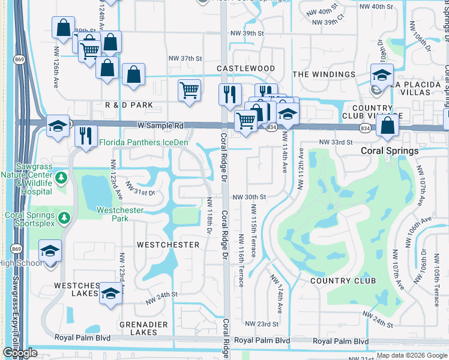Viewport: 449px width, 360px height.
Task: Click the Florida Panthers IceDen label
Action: coord(144,142)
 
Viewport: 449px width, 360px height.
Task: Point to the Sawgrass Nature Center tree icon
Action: coord(61,178)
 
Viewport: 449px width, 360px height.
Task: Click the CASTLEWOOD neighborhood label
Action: coord(246,69)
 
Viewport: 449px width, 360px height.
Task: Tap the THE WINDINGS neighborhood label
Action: coord(324,74)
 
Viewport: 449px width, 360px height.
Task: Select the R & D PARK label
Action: coord(128,105)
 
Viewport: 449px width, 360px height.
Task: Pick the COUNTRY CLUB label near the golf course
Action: coord(343,281)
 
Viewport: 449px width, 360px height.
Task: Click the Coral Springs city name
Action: coord(390,151)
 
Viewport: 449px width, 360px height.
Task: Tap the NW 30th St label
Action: coord(249,197)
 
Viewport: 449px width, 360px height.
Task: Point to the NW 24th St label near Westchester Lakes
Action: coord(161,295)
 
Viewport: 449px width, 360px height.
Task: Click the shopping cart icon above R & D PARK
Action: coord(189,90)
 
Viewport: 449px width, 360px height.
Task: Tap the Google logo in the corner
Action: coord(20,353)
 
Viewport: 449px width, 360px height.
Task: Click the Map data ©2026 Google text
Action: coord(412,355)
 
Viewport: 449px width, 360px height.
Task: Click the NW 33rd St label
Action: coord(335,142)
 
